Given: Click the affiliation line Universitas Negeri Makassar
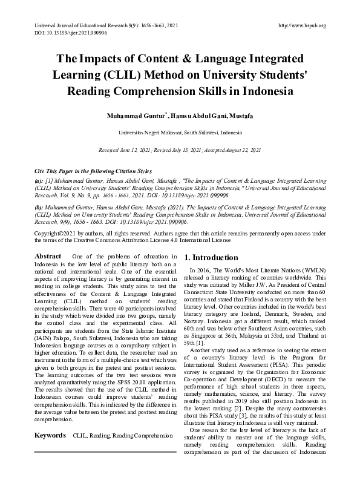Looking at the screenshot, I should tap(180, 131).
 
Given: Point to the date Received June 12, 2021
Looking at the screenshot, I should tap(126, 149).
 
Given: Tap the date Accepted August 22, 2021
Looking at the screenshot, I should tap(233, 149).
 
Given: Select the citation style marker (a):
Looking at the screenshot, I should tap(39, 180).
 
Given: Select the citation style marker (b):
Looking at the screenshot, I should tap(39, 206).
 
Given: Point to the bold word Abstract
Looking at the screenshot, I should tap(48, 257).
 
